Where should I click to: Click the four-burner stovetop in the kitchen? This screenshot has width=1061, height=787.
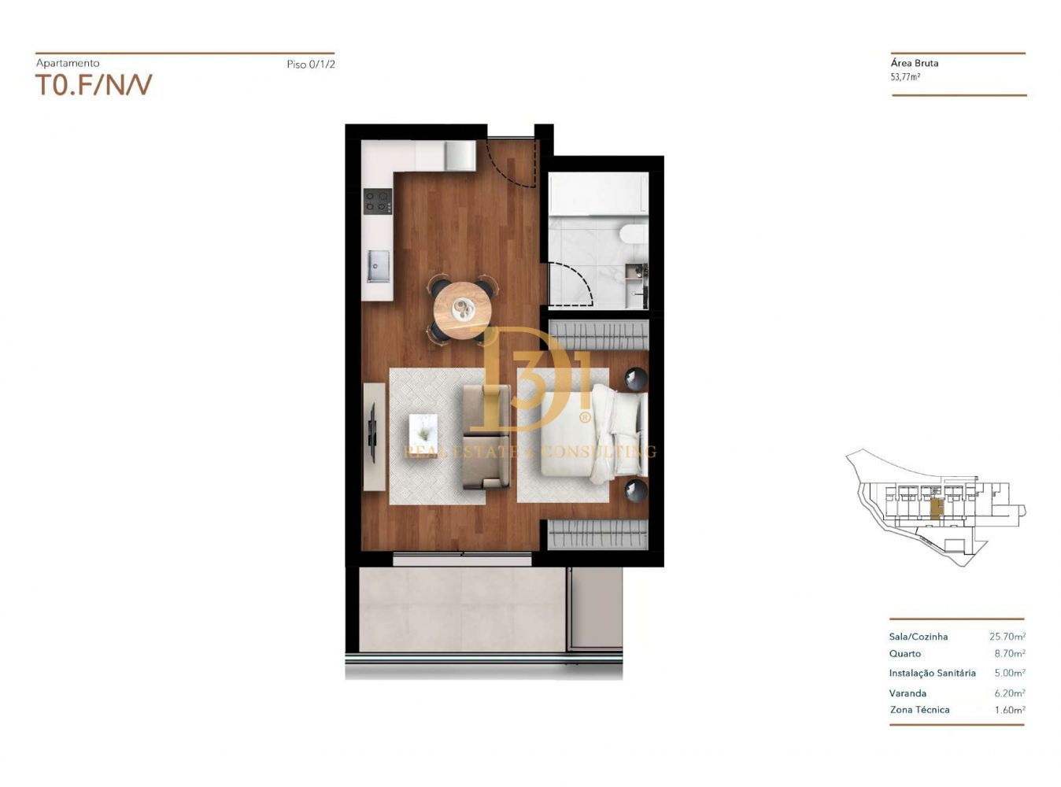coord(378,201)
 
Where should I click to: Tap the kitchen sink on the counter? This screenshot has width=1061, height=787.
coord(378,266)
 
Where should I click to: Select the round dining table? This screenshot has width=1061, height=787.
coord(463,311)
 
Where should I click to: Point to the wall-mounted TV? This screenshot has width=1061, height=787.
coord(372,433)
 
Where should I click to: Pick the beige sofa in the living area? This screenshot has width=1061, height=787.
coord(486,438)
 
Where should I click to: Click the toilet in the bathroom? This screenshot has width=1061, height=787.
coord(634,235)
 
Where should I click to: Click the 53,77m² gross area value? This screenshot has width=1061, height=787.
coord(904,77)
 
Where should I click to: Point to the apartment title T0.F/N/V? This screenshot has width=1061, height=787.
coord(94,85)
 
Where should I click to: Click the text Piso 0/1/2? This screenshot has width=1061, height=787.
coord(311,64)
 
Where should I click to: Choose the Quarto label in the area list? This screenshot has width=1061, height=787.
coord(904,653)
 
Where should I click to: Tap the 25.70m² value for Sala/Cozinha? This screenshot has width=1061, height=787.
coord(1007,637)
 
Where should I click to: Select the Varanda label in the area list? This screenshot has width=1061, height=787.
coord(908,693)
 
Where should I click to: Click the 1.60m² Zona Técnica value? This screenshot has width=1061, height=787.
coord(1010,710)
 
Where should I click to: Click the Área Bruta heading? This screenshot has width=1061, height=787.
coord(914,63)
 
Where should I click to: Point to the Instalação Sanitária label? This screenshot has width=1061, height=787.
coord(933,673)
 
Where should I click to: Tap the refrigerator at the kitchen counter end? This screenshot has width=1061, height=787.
coord(460,155)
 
